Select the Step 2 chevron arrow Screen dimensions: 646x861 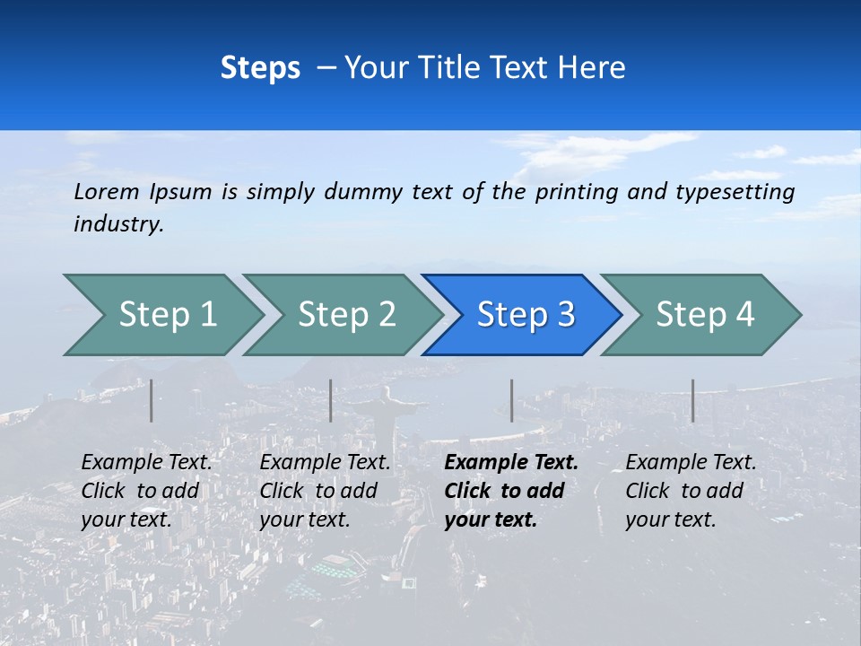pos(345,315)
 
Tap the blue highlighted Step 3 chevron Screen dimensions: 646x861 pos(525,315)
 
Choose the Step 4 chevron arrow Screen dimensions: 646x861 pos(704,315)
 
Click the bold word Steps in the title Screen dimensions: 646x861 pos(260,67)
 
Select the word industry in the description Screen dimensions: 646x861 pos(118,223)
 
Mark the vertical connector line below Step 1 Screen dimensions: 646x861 pos(152,400)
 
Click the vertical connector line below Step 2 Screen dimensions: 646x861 pos(331,400)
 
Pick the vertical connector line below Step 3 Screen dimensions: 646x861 pos(511,400)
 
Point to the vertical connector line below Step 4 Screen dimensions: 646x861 pos(692,400)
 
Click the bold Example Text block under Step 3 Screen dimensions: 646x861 pos(511,491)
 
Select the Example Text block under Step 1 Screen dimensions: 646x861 pos(146,491)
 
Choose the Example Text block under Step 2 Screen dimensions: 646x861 pos(325,491)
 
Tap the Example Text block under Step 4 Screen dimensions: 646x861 pos(691,491)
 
